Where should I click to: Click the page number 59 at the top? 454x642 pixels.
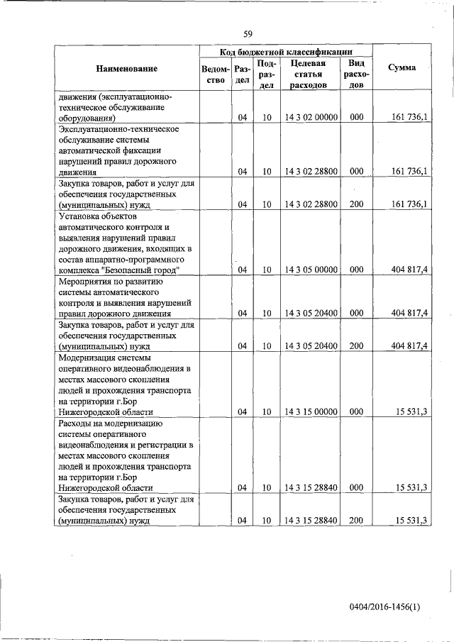point(248,33)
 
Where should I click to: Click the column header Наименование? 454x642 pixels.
point(128,68)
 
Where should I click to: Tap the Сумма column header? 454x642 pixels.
point(402,68)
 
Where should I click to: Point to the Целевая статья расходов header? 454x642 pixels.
point(307,74)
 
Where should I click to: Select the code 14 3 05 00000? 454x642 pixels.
point(311,270)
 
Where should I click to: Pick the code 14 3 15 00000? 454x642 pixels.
point(311,411)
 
